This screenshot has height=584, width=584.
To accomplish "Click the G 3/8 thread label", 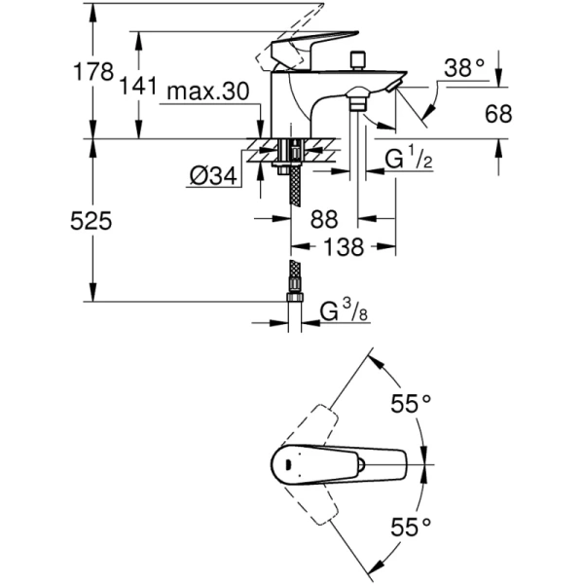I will tap(347, 311).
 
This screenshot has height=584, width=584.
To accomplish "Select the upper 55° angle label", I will tap(412, 403).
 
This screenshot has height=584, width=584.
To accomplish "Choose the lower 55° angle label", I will tap(412, 527).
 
